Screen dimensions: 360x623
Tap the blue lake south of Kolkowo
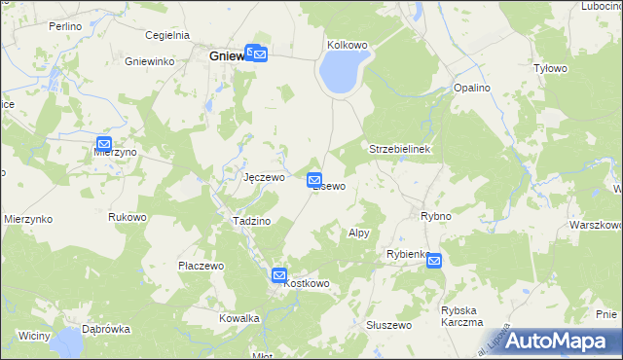(342, 72)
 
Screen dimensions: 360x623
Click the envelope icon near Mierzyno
(104, 144)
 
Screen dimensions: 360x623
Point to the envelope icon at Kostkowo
(279, 275)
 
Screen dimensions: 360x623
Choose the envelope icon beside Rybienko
(433, 260)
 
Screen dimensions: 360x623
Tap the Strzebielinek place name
(406, 149)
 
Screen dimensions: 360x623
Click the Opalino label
(471, 88)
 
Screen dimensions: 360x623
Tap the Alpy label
(359, 234)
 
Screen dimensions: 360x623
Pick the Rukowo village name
(128, 217)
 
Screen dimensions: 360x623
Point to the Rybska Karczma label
(462, 316)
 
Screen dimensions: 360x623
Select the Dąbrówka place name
(106, 329)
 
